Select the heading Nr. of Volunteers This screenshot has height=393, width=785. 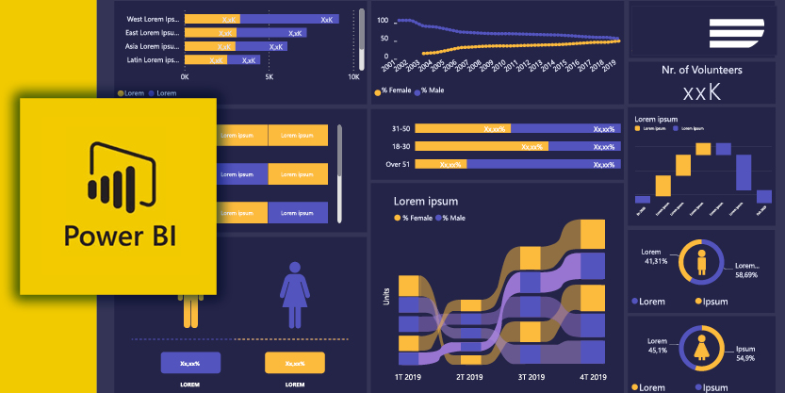click(701, 70)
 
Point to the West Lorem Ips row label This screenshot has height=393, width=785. click(153, 18)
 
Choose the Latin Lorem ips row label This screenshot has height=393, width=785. click(153, 59)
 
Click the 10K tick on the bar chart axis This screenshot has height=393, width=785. click(353, 77)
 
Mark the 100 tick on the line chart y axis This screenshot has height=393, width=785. click(384, 19)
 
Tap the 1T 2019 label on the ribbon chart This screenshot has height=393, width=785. click(407, 376)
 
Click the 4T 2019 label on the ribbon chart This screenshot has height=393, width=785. click(592, 376)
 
